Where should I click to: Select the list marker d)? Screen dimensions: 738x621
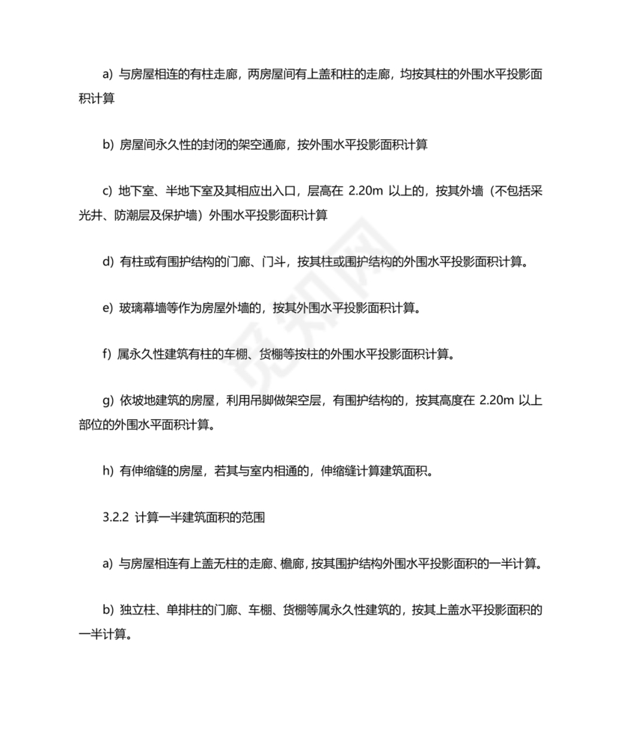pyautogui.click(x=106, y=262)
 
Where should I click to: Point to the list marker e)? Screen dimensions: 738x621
pyautogui.click(x=106, y=308)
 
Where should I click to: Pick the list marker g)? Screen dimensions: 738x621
pyautogui.click(x=106, y=400)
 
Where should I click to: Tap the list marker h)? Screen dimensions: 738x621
pyautogui.click(x=106, y=471)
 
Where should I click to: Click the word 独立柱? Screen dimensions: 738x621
pyautogui.click(x=137, y=610)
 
